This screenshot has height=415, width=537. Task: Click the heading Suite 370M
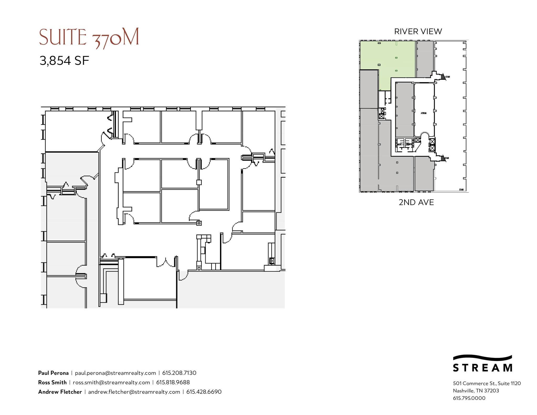point(89,38)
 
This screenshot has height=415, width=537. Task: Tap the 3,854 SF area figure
point(64,61)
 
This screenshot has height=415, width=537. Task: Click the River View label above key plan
point(418,31)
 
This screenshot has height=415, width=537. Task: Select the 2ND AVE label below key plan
point(416,202)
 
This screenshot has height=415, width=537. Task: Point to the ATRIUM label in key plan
point(423,113)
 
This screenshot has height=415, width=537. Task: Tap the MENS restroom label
point(400,144)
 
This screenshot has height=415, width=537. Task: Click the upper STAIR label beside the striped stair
point(448,77)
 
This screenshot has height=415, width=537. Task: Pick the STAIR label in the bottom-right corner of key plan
point(461,190)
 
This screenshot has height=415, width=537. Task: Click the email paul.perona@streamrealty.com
point(115,373)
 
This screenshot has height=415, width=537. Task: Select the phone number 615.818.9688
point(173,382)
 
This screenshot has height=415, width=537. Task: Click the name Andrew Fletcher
point(60,392)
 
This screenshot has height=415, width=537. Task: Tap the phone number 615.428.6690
point(204,392)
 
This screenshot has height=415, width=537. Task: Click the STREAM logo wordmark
point(482,368)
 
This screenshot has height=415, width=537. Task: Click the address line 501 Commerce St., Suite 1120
point(487,383)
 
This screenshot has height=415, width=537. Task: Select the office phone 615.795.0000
point(469,398)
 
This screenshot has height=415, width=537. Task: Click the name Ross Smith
point(52,382)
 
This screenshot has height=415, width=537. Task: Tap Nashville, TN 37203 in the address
point(476,391)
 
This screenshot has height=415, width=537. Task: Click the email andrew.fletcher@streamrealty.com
point(134,392)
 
